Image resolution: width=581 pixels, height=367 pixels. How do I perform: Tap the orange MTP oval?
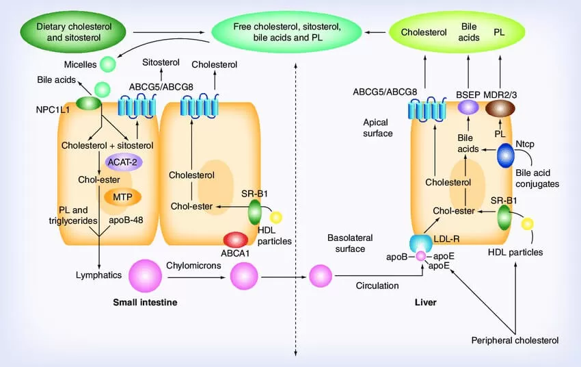point(122,197)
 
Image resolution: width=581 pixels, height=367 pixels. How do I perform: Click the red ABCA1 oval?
point(236,240)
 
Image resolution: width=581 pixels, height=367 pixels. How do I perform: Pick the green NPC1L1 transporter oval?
point(88,103)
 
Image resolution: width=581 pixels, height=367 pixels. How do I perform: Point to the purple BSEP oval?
point(468,107)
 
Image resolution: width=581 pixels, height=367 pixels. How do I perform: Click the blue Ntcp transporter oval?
point(506,155)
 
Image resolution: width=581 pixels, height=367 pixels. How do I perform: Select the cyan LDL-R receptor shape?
point(419,242)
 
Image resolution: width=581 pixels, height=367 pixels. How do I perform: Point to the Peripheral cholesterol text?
point(515,340)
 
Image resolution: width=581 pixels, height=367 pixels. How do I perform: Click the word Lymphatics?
point(98,275)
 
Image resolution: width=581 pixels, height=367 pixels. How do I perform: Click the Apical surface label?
point(378,127)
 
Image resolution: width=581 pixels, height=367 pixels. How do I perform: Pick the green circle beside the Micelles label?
point(108,64)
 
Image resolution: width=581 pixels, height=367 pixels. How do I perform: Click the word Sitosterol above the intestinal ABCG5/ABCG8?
point(161,63)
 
